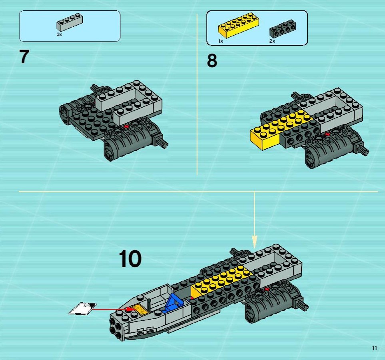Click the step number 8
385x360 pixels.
coord(212,61)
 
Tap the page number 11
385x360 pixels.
coord(374,348)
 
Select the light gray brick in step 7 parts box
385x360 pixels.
coord(70,23)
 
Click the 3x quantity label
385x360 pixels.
coord(59,34)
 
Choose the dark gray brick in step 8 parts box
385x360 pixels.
coord(283,29)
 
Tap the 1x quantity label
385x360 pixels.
coord(221,41)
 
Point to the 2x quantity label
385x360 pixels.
coord(272,41)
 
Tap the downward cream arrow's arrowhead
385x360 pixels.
coord(255,242)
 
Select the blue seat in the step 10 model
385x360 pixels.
coord(175,302)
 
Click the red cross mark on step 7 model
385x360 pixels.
coord(126,126)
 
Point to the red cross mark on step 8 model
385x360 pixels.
coord(327,134)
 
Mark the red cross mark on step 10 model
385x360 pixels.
coord(267,289)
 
